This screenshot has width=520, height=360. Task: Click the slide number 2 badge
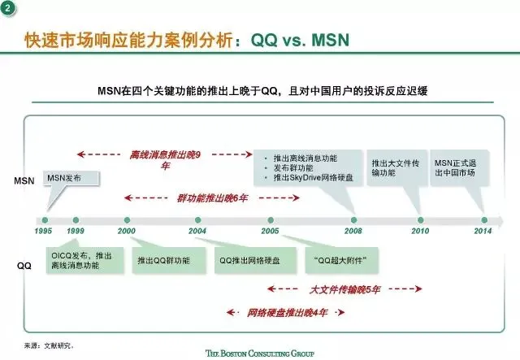pyautogui.click(x=10, y=9)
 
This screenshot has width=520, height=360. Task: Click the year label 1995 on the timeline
pyautogui.click(x=45, y=232)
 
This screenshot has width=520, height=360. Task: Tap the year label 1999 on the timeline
pyautogui.click(x=76, y=232)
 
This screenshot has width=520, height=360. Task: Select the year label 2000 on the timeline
pyautogui.click(x=127, y=232)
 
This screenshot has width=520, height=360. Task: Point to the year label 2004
pyautogui.click(x=197, y=232)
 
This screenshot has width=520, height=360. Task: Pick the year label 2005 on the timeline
pyautogui.click(x=270, y=232)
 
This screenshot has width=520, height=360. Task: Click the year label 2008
pyautogui.click(x=354, y=232)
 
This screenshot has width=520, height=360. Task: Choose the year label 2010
pyautogui.click(x=420, y=232)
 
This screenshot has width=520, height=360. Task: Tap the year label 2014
pyautogui.click(x=483, y=232)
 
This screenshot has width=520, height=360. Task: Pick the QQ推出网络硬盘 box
pyautogui.click(x=245, y=262)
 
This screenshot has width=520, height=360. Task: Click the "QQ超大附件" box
pyautogui.click(x=333, y=262)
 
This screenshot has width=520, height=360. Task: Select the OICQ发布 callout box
pyautogui.click(x=81, y=262)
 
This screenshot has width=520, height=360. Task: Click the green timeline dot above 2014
pyautogui.click(x=484, y=219)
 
